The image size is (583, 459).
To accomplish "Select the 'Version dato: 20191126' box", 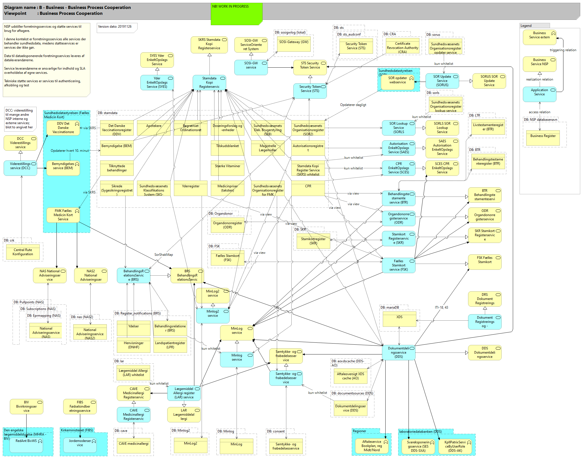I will point(117,28).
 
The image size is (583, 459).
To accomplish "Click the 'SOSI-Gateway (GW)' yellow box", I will point(294,44).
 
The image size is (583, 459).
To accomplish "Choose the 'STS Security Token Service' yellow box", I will point(310,67).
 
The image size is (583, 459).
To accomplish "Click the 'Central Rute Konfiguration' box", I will point(23,252).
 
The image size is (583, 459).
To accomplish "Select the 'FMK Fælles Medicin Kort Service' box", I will point(63,215).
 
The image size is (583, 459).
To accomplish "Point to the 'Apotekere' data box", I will point(154,128).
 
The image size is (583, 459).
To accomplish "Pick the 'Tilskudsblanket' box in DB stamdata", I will point(227,148).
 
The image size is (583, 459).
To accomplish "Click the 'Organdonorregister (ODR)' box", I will point(227,225).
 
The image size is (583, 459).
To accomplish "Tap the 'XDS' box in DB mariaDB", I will point(399,319).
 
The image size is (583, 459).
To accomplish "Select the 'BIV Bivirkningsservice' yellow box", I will point(26,406).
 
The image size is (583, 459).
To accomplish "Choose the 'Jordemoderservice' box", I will point(80,444).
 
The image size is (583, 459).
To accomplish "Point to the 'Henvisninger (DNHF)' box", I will point(134,345).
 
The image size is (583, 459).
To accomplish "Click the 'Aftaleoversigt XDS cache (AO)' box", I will point(350,376).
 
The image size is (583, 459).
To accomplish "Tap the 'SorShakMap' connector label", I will point(164,255).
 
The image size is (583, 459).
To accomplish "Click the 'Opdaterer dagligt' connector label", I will point(353,105).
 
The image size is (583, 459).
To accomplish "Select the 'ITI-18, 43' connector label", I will point(441,307).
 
